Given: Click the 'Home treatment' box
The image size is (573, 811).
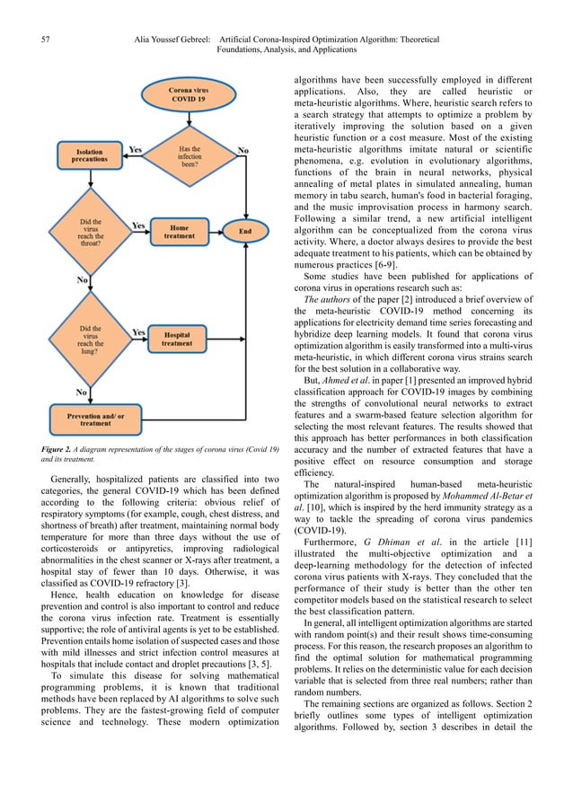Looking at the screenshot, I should (180, 232).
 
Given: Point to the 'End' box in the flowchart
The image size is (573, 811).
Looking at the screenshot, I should (244, 232).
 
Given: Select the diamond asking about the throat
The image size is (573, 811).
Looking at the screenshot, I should (92, 231).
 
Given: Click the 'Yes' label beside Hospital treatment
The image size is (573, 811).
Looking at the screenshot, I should (139, 331).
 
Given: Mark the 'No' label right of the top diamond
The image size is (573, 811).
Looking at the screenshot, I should (242, 149).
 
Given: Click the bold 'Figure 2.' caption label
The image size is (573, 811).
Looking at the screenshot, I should (61, 448).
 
